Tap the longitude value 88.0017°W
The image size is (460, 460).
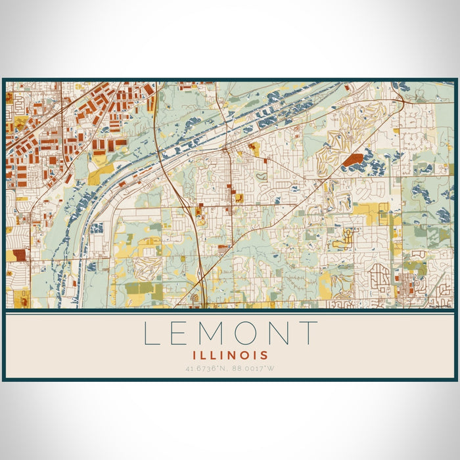point(253,368)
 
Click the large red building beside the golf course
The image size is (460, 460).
point(352,159)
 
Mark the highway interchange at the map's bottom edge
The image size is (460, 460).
point(197,299)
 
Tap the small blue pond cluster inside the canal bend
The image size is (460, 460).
point(97,228)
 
